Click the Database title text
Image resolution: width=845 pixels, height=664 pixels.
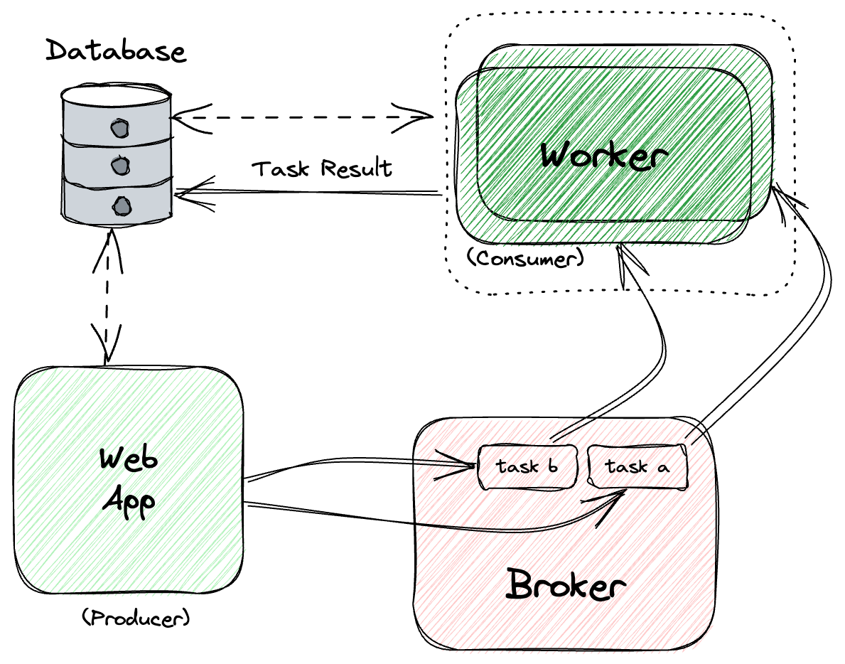[x=116, y=52]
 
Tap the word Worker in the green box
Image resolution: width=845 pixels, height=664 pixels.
[x=604, y=154]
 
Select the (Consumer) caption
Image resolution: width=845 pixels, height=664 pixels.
[x=525, y=257]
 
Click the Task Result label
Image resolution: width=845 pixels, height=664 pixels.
[x=322, y=169]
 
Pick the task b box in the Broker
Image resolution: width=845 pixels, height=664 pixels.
[x=527, y=467]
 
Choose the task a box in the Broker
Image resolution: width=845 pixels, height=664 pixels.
[x=637, y=467]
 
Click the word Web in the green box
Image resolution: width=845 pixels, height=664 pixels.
[x=129, y=459]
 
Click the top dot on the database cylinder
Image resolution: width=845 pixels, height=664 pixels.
[x=118, y=129]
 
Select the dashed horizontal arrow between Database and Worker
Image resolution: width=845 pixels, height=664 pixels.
[x=302, y=114]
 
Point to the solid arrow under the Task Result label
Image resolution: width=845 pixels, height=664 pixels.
[x=306, y=192]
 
